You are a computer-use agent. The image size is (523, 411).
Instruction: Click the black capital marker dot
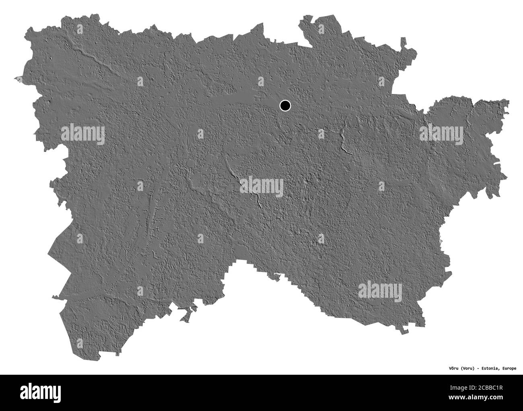(285, 106)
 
